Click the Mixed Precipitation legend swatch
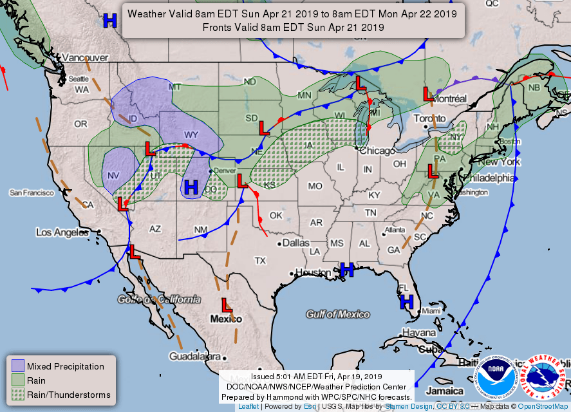point(18,366)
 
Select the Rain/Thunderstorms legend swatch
point(18,395)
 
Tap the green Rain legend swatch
point(18,380)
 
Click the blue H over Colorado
point(191,188)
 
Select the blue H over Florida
point(406,302)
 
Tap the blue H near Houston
point(347,270)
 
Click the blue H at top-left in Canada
point(110,21)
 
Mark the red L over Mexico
point(227,304)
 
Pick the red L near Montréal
point(427,93)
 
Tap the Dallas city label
point(295,243)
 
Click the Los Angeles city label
point(62,232)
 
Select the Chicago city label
point(377,151)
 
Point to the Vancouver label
point(83,57)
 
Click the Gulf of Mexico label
point(338,314)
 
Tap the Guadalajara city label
point(194,356)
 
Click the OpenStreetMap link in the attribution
point(545,407)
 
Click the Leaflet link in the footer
point(248,407)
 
